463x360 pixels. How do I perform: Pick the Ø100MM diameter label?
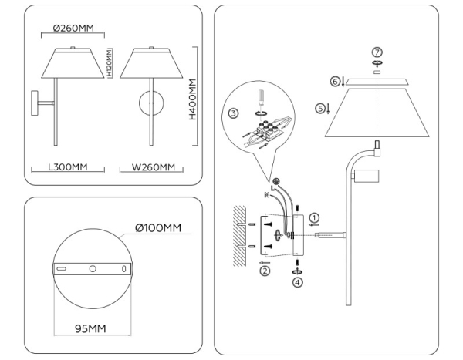157,228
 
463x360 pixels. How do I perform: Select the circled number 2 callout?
265,271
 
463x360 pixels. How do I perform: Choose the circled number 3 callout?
234,113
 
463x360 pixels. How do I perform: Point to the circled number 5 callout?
320,109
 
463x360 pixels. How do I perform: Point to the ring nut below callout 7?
377,62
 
